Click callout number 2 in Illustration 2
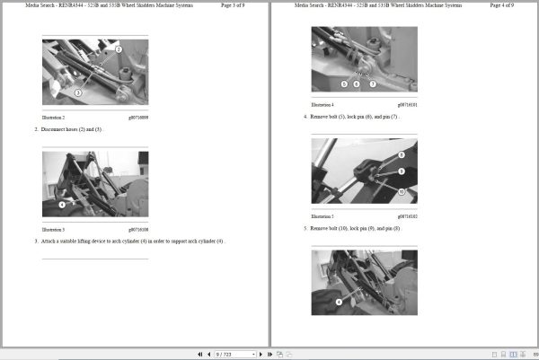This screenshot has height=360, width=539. (x=119, y=50)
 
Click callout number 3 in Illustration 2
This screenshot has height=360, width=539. (x=78, y=92)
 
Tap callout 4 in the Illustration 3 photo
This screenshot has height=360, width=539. (x=61, y=204)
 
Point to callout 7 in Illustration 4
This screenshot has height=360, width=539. (x=373, y=83)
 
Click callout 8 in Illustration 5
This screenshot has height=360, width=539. (x=400, y=155)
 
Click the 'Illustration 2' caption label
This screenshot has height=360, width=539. (x=54, y=118)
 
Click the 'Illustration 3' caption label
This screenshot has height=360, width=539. (x=54, y=230)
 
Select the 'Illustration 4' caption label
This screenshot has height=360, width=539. (x=323, y=105)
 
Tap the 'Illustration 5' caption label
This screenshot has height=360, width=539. (x=323, y=216)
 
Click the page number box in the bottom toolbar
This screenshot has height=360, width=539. (x=234, y=354)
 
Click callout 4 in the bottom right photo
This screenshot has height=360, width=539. (x=339, y=303)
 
